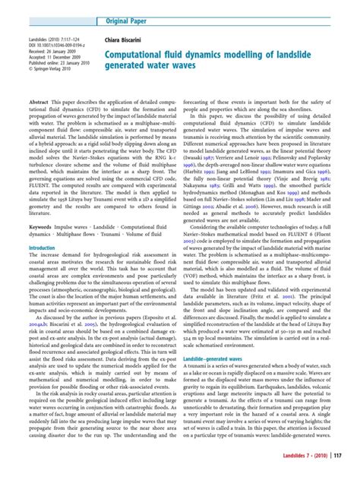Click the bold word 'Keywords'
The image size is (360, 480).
[42, 228]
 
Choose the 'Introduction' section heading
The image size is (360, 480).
[42, 248]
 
